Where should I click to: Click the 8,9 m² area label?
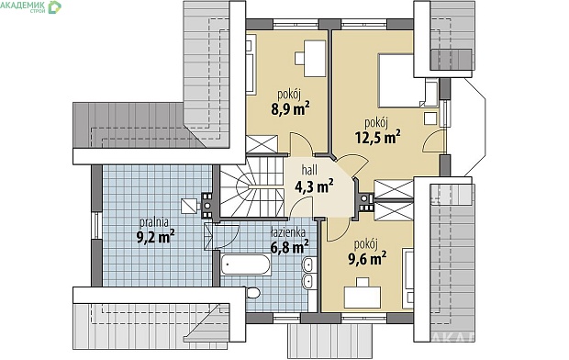(x=290, y=108)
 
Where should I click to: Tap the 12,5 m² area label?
(x=378, y=138)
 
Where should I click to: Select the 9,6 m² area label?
(x=367, y=258)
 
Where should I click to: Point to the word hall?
(x=309, y=170)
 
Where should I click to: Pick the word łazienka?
(x=288, y=232)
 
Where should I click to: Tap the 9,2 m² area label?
(x=155, y=237)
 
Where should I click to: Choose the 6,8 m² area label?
(x=290, y=247)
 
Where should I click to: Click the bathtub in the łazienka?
(x=246, y=264)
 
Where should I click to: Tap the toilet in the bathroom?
(x=252, y=292)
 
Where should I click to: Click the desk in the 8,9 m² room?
(x=314, y=59)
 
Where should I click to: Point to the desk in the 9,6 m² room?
(x=363, y=297)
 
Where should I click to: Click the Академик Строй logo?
(x=31, y=6)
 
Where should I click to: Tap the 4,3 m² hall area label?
(x=314, y=186)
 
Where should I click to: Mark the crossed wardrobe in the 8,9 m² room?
(x=262, y=144)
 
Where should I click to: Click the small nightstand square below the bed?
(x=430, y=118)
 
